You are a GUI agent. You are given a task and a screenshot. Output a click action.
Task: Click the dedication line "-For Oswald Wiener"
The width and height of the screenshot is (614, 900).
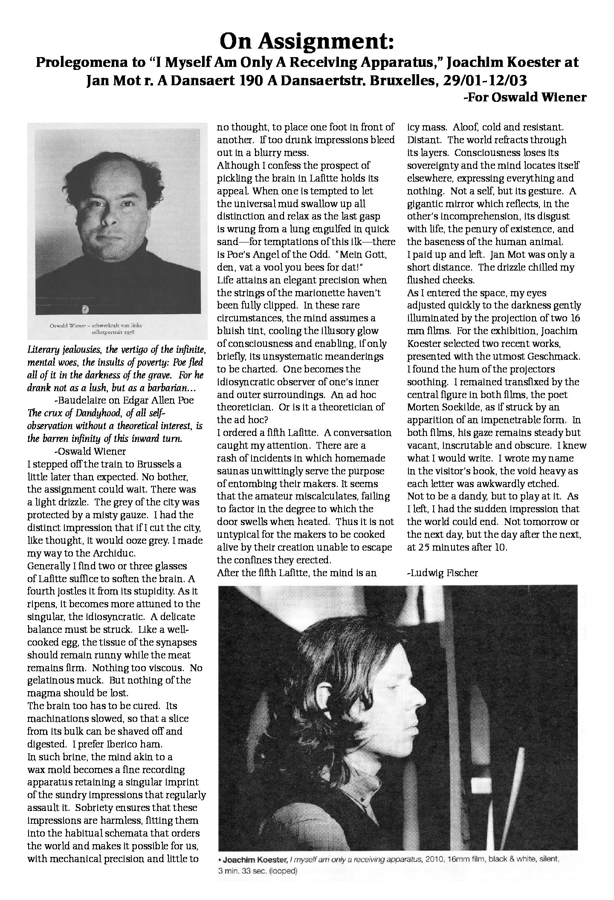coord(524,97)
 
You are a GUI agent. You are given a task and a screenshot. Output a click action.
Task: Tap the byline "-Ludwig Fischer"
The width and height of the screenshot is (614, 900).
coord(443,573)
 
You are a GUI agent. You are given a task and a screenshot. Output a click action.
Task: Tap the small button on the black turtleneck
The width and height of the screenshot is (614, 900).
coord(87,309)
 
